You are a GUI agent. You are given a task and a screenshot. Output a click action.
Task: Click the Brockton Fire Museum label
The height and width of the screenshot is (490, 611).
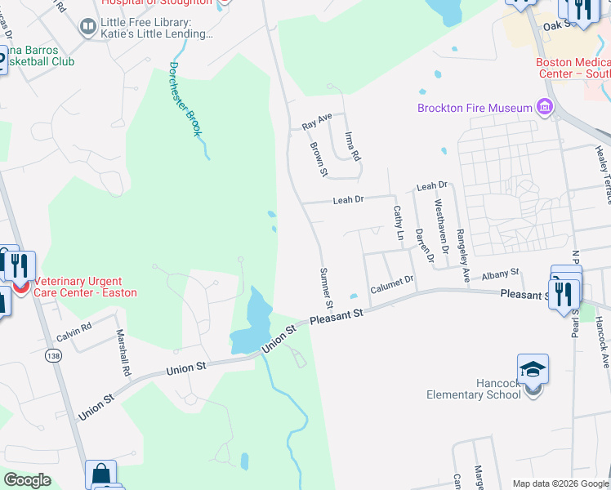click(474, 108)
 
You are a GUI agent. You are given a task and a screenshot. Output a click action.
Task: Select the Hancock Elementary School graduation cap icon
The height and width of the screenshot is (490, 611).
click(533, 370)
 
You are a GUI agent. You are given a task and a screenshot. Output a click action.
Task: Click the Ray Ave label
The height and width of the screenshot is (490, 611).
click(317, 122)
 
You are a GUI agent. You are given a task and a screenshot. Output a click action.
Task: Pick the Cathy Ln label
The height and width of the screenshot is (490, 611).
click(399, 222)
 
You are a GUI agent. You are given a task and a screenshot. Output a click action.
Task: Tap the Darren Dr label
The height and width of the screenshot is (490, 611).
click(422, 243)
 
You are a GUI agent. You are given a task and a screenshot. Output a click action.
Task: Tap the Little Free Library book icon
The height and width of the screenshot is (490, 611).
click(87, 28)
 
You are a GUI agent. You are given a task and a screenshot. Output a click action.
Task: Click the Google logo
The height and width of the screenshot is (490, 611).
click(27, 480)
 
